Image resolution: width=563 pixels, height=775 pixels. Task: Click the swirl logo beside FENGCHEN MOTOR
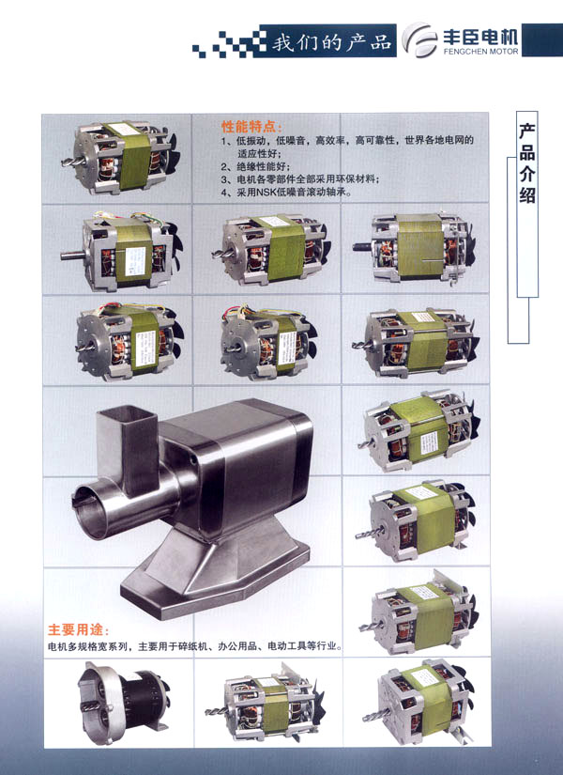point(419,39)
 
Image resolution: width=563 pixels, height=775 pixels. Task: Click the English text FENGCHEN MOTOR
point(481,51)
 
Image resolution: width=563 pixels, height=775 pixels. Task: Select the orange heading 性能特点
point(251,127)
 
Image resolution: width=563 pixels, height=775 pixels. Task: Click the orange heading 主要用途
point(79,629)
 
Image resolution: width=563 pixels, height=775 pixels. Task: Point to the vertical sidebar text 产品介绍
point(527,163)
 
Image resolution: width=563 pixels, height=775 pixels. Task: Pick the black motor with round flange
point(124,702)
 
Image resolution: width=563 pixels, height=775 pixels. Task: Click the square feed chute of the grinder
point(126,447)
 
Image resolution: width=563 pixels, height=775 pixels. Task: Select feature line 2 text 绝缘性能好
point(255,166)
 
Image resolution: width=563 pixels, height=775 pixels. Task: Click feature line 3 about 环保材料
point(299,178)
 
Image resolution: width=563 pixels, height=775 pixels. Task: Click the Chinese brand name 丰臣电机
point(480,36)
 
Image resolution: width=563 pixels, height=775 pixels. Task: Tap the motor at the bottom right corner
point(418,702)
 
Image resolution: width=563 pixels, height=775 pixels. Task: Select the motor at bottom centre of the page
point(266,705)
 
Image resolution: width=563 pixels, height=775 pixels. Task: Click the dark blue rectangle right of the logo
point(541,39)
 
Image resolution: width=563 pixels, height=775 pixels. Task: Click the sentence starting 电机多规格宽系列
point(195,646)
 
